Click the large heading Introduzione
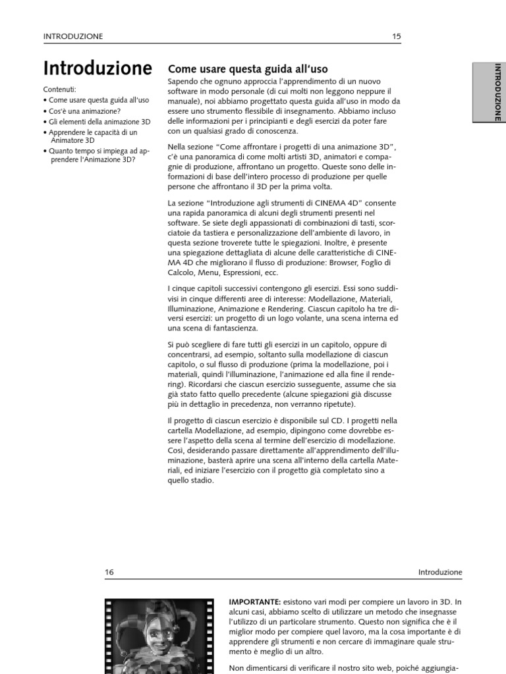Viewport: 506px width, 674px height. pyautogui.click(x=98, y=68)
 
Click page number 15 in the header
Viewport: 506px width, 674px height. pyautogui.click(x=396, y=37)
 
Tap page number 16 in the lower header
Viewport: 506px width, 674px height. pyautogui.click(x=109, y=573)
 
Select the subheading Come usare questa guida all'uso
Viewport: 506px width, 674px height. pyautogui.click(x=248, y=68)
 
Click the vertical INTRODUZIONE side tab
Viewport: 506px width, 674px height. pyautogui.click(x=497, y=91)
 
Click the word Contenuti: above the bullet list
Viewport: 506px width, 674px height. pyautogui.click(x=59, y=89)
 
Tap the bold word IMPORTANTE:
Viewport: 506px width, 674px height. pyautogui.click(x=254, y=602)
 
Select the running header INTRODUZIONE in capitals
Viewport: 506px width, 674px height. pyautogui.click(x=72, y=37)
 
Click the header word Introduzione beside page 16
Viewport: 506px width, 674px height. pyautogui.click(x=440, y=573)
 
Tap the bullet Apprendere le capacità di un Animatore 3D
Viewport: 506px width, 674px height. pyautogui.click(x=93, y=136)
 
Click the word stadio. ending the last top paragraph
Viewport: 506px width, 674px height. pyautogui.click(x=200, y=480)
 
